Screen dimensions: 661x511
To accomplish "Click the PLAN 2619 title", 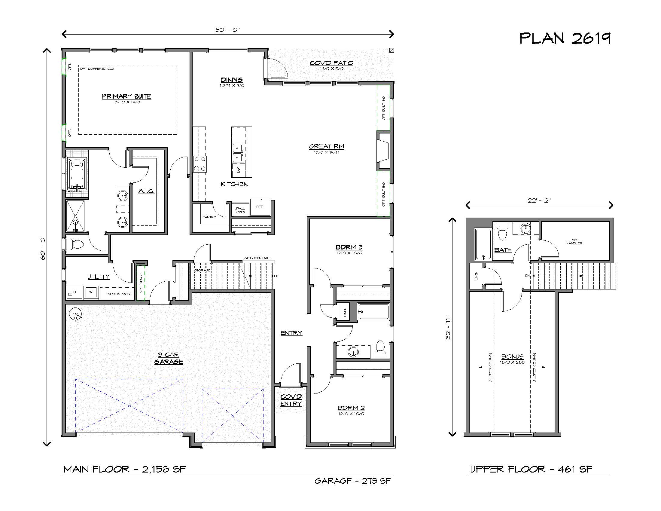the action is click(x=565, y=38).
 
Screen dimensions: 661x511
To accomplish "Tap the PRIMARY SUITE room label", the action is click(x=126, y=96).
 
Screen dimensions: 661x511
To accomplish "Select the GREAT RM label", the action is click(x=327, y=146).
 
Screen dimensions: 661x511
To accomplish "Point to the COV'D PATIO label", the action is click(x=331, y=63).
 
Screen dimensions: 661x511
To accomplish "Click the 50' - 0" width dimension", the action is click(x=228, y=30).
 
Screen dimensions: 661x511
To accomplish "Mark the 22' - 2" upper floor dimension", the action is click(x=539, y=200).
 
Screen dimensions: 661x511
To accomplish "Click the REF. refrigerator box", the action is click(x=260, y=207).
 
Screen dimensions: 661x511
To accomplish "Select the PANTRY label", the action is click(x=209, y=217).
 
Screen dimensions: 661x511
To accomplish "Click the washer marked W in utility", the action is click(x=91, y=292).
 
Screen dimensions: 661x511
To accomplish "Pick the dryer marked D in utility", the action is click(x=74, y=292).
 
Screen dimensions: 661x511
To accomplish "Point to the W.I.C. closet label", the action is click(x=146, y=191).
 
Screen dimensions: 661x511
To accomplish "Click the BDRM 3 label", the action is click(x=349, y=247).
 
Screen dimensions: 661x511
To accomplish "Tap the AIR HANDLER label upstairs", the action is click(x=574, y=242).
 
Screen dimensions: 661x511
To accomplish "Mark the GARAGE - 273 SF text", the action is click(x=353, y=481).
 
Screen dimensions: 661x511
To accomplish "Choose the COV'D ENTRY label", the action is click(x=291, y=400).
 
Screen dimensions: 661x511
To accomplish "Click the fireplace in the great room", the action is click(x=383, y=151).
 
